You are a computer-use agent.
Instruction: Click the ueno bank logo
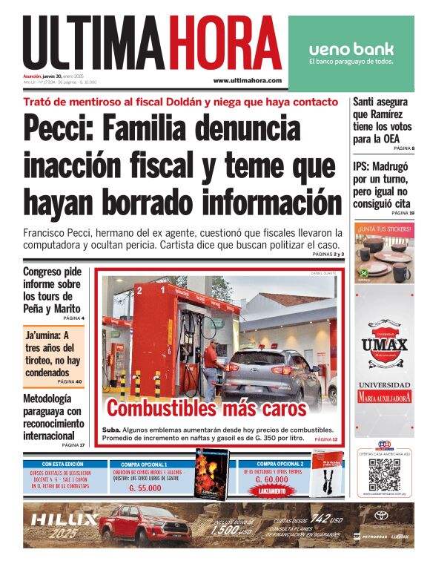(x=351, y=50)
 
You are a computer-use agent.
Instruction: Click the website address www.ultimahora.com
(x=247, y=80)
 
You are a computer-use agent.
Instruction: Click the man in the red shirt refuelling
(x=211, y=367)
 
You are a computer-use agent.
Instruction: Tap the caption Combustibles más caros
(x=206, y=409)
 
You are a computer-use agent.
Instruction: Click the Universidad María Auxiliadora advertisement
(x=384, y=392)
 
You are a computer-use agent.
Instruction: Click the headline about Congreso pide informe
(x=52, y=289)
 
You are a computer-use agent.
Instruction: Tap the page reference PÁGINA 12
(x=325, y=440)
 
